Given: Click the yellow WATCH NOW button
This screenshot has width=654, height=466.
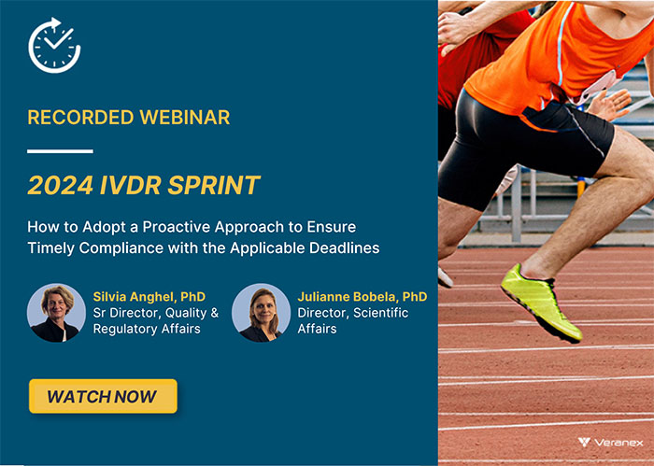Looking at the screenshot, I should click(x=102, y=396).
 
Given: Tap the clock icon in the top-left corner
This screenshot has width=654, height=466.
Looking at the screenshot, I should click(x=55, y=44).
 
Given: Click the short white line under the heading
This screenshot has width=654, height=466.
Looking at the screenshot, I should click(x=60, y=150).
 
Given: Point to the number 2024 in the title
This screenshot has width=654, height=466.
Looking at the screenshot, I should click(x=59, y=185).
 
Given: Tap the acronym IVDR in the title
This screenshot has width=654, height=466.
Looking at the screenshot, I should click(x=131, y=185).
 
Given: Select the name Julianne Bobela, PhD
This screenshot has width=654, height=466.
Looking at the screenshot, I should click(x=362, y=297).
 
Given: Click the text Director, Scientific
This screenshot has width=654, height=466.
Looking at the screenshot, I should click(x=352, y=313).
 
